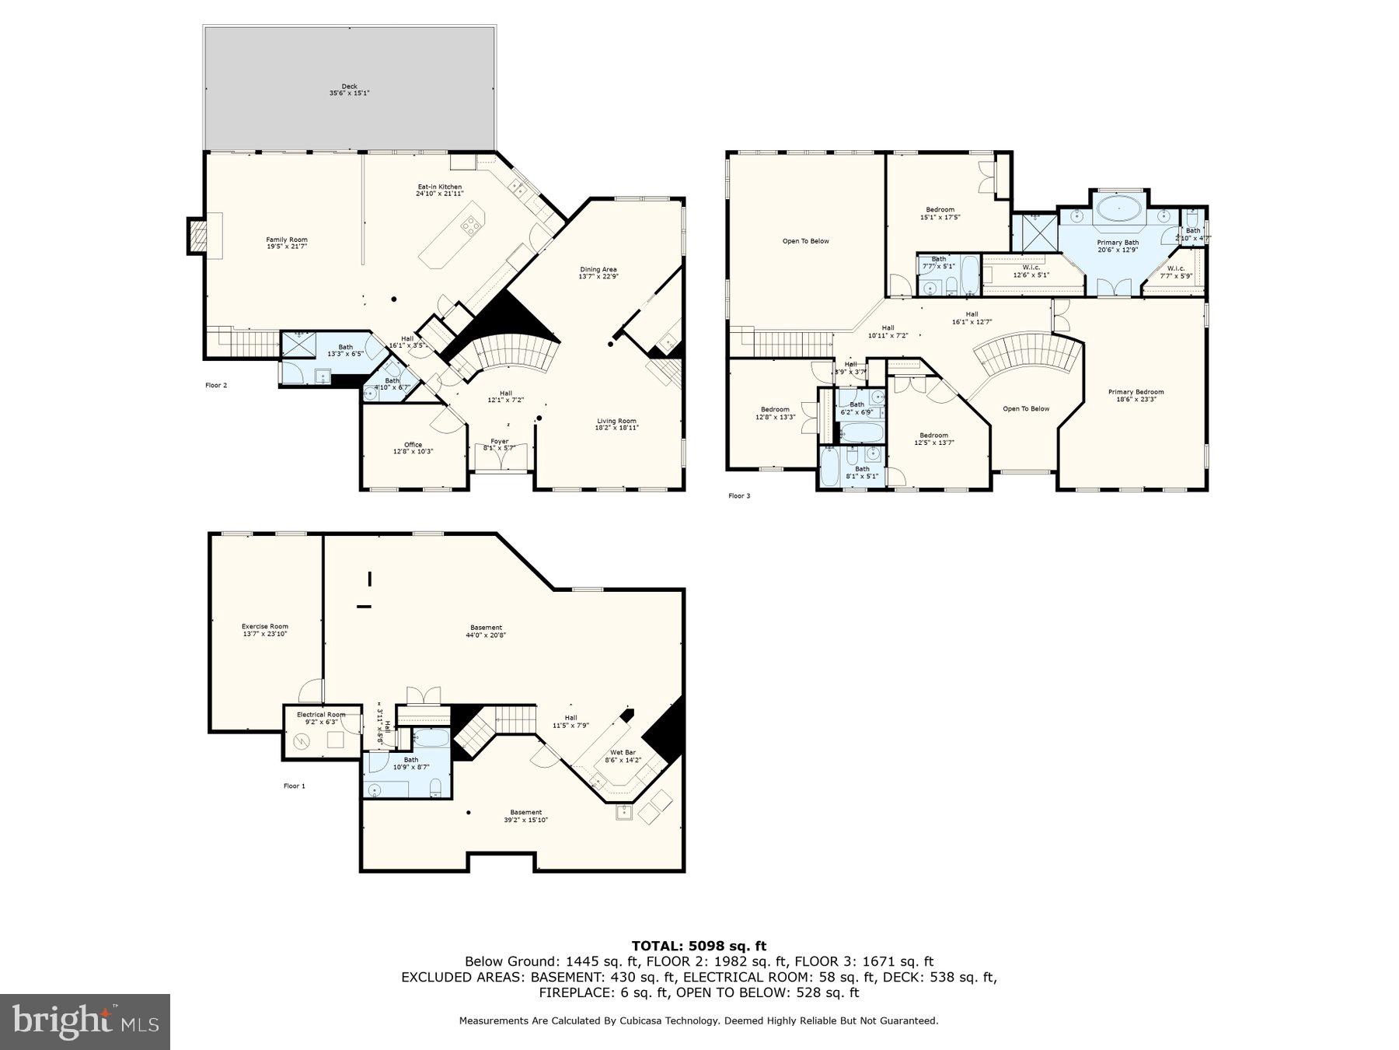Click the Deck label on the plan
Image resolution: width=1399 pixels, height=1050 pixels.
click(349, 89)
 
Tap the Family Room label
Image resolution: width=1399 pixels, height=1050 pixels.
click(287, 243)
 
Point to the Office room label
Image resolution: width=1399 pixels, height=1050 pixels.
click(413, 448)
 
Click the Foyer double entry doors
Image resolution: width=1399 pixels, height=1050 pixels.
click(501, 460)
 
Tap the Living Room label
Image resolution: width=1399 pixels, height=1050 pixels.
click(616, 424)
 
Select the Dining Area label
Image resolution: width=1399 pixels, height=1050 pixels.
click(598, 273)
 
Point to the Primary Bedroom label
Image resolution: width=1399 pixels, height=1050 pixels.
click(1136, 395)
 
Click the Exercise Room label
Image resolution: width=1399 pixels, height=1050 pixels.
click(264, 630)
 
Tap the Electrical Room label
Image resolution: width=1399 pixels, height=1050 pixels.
click(321, 718)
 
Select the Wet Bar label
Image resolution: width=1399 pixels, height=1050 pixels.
click(622, 756)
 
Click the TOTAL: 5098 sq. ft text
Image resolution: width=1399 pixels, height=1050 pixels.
click(699, 946)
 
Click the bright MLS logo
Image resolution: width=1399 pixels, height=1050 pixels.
click(85, 1021)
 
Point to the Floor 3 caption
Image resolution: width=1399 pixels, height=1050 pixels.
click(739, 495)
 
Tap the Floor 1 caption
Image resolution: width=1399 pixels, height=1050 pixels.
click(294, 786)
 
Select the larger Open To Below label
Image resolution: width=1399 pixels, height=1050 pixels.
click(805, 241)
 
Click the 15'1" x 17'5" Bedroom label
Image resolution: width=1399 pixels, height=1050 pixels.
click(940, 213)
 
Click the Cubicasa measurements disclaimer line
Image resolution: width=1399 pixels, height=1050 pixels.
click(699, 1020)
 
